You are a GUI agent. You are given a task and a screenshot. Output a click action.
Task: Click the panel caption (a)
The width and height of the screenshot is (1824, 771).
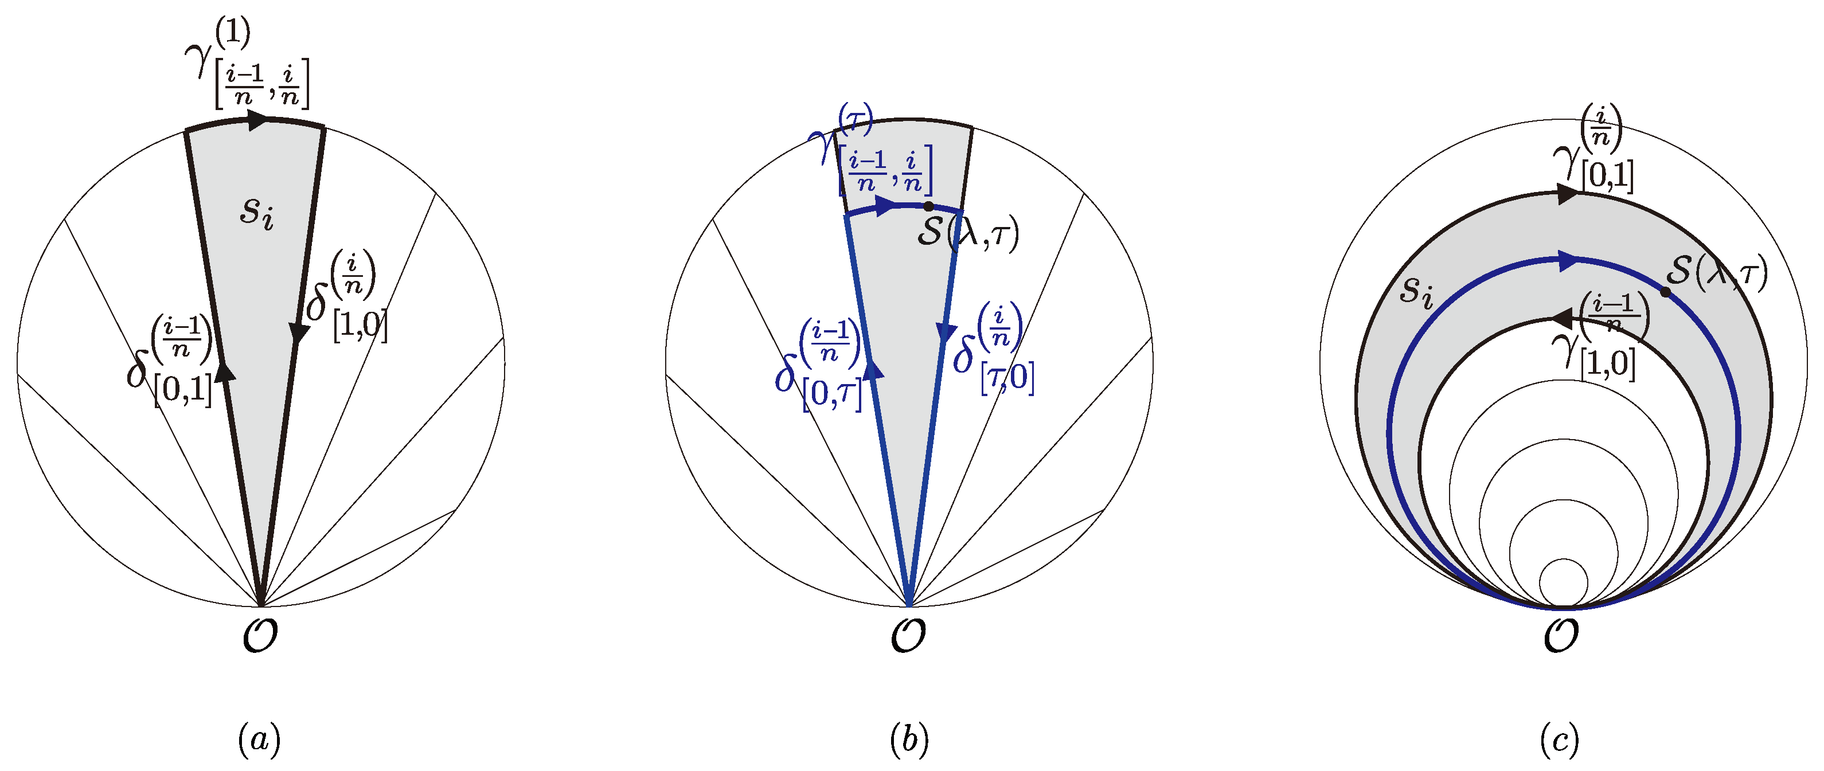(259, 740)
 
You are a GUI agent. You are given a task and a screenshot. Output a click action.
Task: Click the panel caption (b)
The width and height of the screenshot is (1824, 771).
(909, 740)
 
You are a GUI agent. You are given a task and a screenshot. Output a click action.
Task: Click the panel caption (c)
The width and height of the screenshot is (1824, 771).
(1559, 740)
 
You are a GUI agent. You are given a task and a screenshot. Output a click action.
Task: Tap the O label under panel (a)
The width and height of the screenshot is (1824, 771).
(260, 635)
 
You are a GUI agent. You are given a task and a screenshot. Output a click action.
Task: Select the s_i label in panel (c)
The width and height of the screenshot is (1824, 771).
(1416, 290)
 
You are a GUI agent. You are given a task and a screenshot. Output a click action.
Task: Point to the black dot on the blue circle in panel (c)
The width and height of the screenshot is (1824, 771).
(1665, 292)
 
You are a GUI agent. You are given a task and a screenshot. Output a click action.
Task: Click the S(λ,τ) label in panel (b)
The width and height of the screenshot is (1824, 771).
(967, 232)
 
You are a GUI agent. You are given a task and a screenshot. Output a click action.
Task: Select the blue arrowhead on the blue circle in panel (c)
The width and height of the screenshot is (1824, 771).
(1569, 261)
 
